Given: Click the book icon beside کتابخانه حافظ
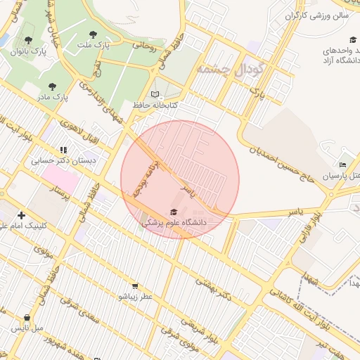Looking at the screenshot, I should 155,94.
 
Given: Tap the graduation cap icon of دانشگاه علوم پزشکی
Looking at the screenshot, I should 174,211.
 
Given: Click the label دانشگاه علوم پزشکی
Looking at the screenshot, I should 174,222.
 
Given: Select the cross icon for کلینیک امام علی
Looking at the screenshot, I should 22,215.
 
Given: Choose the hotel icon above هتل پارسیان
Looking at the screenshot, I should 342,165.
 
